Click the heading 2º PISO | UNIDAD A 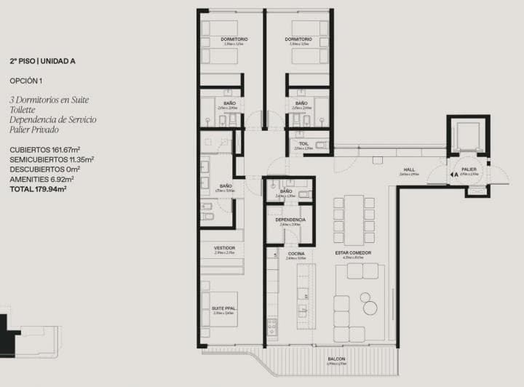click(x=37, y=63)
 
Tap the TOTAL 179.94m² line click(x=38, y=188)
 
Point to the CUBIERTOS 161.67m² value click(x=44, y=149)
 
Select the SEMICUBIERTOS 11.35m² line click(x=51, y=159)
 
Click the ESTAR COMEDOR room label click(x=353, y=253)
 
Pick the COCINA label click(x=295, y=253)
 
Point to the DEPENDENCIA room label click(x=290, y=219)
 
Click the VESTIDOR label click(x=223, y=248)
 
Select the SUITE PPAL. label click(x=223, y=308)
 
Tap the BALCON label click(x=336, y=359)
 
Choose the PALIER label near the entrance click(x=469, y=169)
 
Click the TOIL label click(x=303, y=144)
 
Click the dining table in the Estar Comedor click(x=353, y=220)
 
